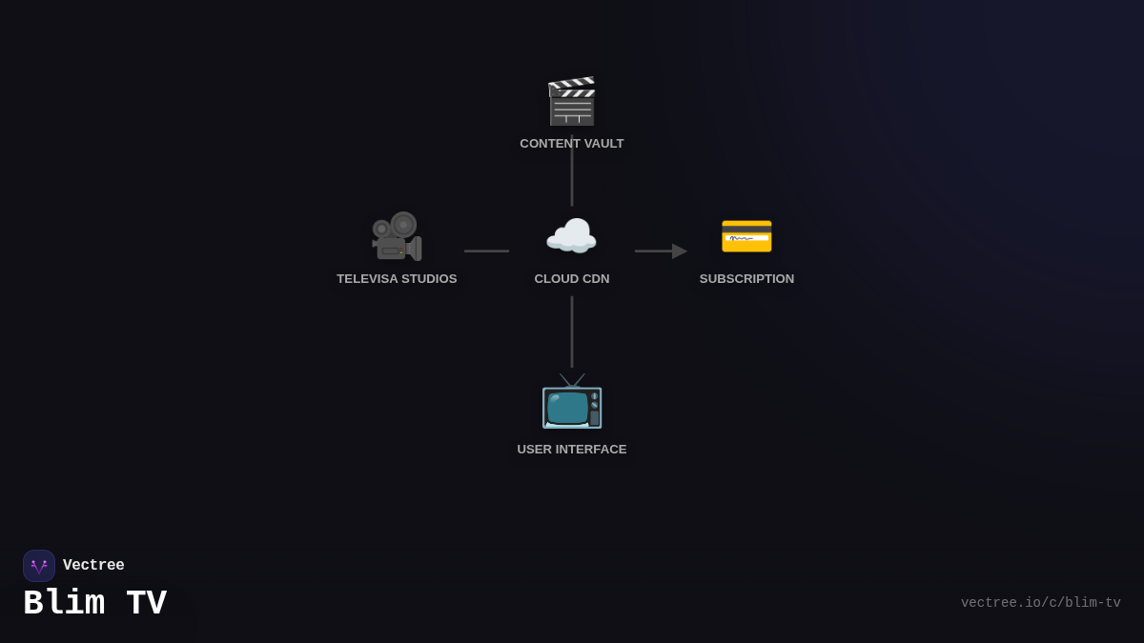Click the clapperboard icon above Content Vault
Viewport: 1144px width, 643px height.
click(x=571, y=101)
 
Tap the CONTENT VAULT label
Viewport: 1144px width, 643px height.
click(x=572, y=144)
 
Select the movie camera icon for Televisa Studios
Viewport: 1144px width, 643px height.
click(x=397, y=236)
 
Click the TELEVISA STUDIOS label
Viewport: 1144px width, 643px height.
click(x=397, y=279)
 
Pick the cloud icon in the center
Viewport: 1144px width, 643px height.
click(x=571, y=236)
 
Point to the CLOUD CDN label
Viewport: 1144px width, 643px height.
click(x=572, y=279)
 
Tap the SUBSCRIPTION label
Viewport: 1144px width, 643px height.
click(x=746, y=279)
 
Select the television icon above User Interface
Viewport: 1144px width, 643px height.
click(x=572, y=402)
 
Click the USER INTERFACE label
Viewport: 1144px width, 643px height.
click(x=572, y=450)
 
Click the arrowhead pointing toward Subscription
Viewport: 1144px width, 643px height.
click(x=679, y=251)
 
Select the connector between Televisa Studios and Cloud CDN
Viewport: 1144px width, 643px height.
click(x=486, y=251)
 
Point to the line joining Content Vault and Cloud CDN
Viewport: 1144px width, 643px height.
click(x=572, y=181)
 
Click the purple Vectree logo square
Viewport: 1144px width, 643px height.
click(x=39, y=566)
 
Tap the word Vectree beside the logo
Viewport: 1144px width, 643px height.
click(x=93, y=566)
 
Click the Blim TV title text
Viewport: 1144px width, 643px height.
click(x=95, y=603)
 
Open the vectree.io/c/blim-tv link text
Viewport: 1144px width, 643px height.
click(x=1040, y=603)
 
